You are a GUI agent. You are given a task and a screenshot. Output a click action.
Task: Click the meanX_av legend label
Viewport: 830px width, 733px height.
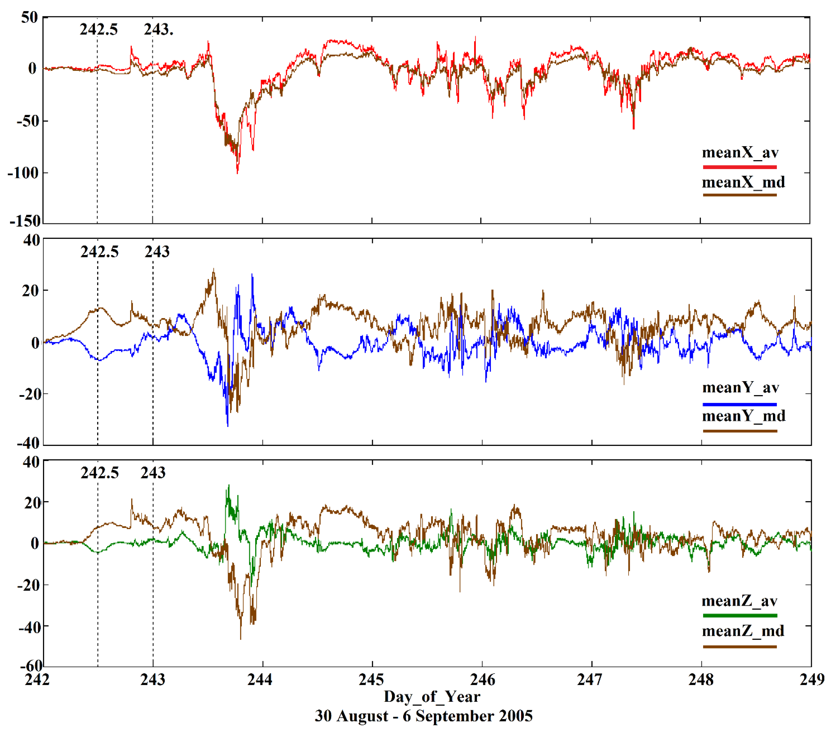740,153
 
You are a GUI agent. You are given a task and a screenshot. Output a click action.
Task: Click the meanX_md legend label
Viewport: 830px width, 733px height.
743,182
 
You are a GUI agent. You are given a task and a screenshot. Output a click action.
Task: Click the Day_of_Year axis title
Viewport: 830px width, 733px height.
432,697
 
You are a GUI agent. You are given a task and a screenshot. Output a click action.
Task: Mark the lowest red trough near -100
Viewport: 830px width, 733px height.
238,172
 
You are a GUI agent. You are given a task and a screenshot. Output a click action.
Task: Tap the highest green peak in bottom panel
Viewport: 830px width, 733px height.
229,486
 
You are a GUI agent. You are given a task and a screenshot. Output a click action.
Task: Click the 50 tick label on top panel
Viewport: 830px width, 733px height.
30,18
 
